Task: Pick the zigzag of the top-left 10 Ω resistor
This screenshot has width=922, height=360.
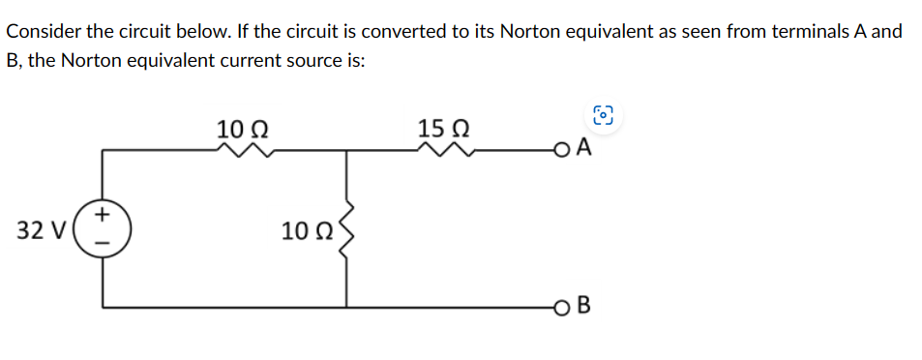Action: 244,149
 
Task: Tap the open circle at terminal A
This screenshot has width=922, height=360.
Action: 563,150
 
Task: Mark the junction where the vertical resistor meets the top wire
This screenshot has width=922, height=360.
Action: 344,150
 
